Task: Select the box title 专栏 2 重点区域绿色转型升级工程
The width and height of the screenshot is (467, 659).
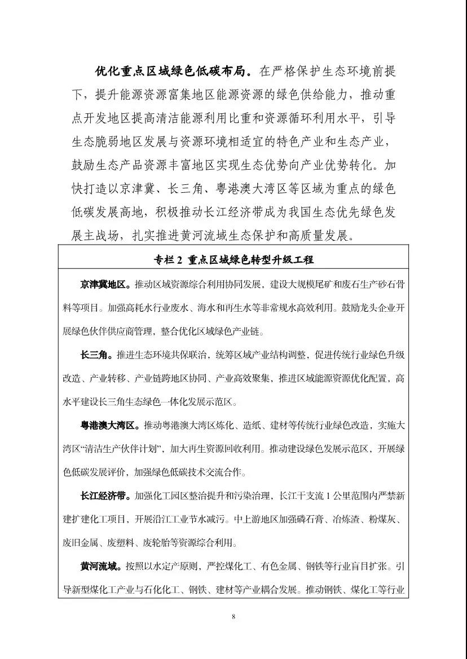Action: click(233, 260)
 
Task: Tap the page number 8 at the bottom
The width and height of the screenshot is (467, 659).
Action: click(233, 617)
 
